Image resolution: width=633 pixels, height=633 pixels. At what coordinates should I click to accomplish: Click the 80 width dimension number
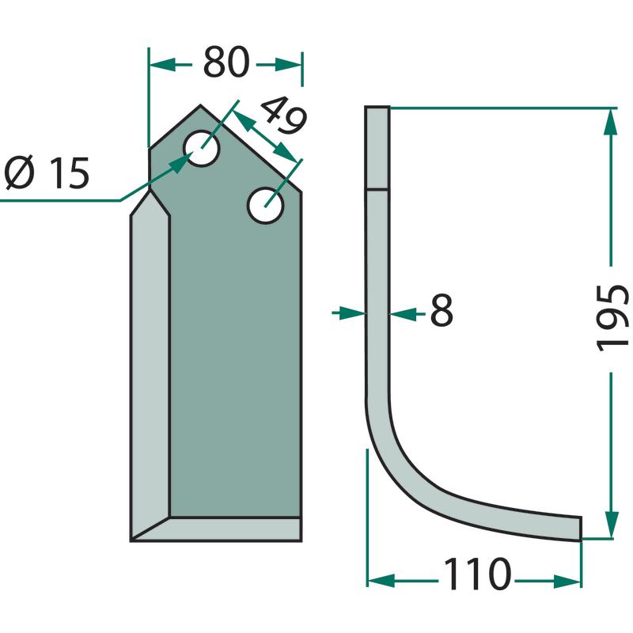click(x=226, y=62)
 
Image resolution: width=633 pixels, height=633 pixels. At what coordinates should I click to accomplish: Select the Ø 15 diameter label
click(x=47, y=173)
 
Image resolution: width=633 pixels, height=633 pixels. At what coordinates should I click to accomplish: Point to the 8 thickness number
click(x=442, y=310)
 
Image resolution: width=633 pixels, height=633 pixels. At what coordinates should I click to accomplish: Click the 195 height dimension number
click(x=612, y=318)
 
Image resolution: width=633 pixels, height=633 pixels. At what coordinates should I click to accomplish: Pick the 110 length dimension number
click(x=477, y=574)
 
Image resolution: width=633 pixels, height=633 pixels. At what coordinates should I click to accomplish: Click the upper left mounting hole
click(x=201, y=148)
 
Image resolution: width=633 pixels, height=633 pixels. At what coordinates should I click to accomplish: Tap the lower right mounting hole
click(x=265, y=206)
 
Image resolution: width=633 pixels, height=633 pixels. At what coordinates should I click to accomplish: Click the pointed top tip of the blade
click(x=201, y=106)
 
